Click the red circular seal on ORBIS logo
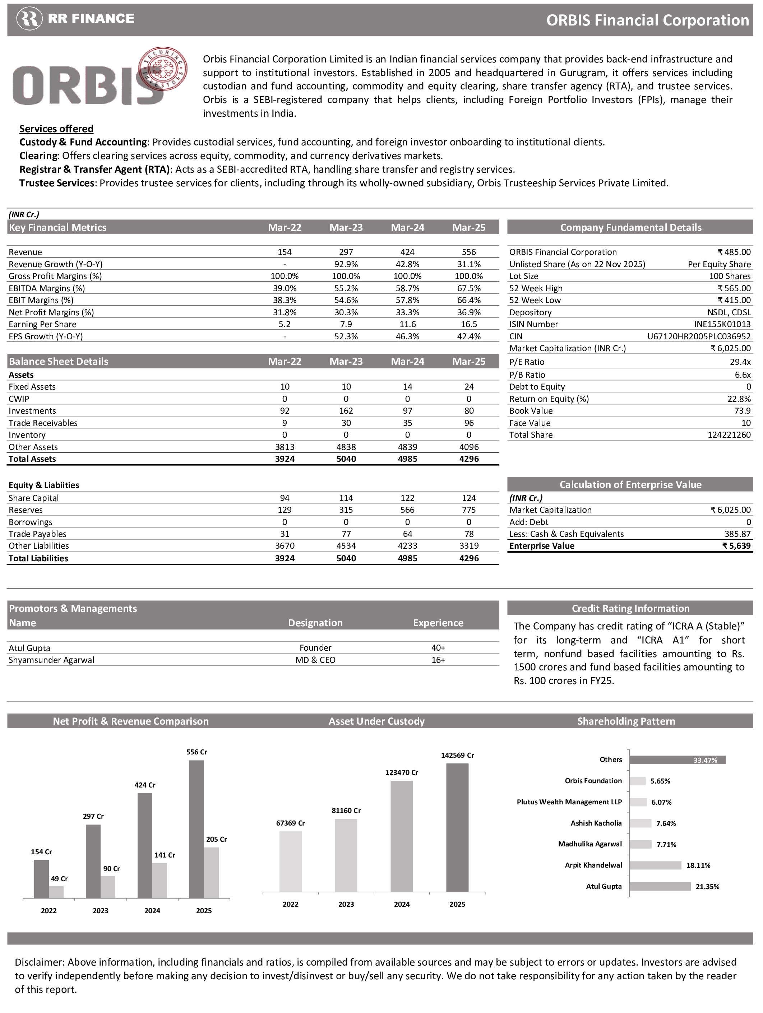(x=163, y=68)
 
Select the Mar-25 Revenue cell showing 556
(x=469, y=252)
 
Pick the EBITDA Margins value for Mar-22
(x=285, y=288)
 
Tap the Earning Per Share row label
(x=43, y=324)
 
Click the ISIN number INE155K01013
(x=722, y=324)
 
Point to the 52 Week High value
(x=734, y=288)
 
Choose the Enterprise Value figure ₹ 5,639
(x=736, y=546)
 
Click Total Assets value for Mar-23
(x=346, y=459)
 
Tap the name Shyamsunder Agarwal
(x=51, y=660)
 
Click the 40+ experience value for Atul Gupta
(x=438, y=647)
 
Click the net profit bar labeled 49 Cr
(x=56, y=892)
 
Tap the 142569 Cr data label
(x=457, y=755)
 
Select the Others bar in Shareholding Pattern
(x=677, y=760)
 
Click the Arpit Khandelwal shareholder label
(x=593, y=865)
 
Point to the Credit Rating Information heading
(x=630, y=608)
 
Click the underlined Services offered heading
(x=56, y=129)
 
